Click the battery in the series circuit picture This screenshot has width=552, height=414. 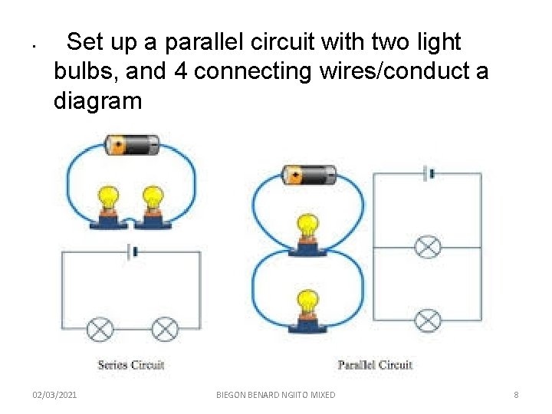(132, 144)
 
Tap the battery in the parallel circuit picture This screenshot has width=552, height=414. (308, 176)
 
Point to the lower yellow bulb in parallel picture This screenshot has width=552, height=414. (308, 303)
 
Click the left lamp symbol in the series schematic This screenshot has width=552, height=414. (100, 330)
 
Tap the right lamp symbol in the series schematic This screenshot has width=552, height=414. (165, 330)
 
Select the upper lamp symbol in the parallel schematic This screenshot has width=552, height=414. (428, 247)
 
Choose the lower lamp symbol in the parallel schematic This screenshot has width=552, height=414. (428, 320)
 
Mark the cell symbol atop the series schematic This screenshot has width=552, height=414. (132, 251)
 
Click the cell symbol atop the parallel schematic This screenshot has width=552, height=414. (428, 173)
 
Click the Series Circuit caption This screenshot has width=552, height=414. (131, 365)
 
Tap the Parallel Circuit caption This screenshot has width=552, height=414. (375, 365)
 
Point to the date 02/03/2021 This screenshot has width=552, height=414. (54, 395)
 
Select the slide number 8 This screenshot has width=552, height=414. (516, 395)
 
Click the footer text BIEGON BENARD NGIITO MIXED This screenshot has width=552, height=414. (276, 395)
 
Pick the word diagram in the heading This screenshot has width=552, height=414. (97, 101)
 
